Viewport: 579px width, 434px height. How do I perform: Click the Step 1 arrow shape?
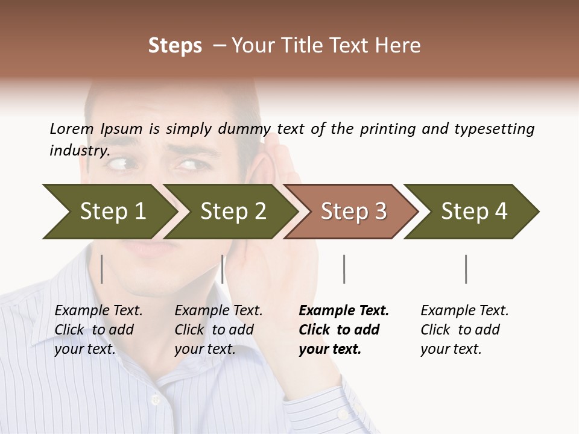[x=109, y=212]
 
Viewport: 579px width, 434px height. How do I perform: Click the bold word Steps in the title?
[x=175, y=46]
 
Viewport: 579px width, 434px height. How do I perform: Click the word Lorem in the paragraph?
[x=72, y=128]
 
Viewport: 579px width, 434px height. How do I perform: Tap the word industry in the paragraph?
[x=79, y=150]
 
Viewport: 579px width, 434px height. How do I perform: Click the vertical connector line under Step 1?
[x=102, y=269]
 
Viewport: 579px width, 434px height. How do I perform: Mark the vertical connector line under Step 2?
[x=223, y=269]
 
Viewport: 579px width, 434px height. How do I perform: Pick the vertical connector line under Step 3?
[x=344, y=269]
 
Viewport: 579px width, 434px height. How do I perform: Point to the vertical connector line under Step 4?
[x=466, y=269]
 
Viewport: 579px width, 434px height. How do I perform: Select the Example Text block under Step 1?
[x=98, y=330]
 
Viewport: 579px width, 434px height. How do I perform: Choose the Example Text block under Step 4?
[x=464, y=330]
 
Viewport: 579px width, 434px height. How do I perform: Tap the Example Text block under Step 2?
[x=218, y=330]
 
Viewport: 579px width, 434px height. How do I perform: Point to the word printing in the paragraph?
[x=387, y=128]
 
